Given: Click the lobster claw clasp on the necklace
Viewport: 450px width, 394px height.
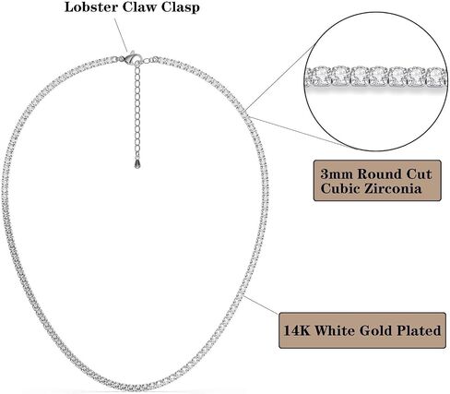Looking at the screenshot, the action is click(131, 57).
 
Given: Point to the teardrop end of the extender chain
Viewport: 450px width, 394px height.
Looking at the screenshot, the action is click(137, 163).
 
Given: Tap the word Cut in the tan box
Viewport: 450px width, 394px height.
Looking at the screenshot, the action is click(420, 174).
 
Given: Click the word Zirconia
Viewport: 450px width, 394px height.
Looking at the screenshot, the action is click(392, 188).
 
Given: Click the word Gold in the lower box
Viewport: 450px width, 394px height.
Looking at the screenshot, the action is click(375, 330).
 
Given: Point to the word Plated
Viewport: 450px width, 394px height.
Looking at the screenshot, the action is click(419, 330).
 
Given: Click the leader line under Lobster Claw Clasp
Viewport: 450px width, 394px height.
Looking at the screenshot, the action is click(121, 35).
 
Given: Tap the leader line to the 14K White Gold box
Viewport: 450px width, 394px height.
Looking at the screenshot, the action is click(261, 305).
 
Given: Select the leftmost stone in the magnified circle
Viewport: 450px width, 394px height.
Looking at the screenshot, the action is click(313, 76).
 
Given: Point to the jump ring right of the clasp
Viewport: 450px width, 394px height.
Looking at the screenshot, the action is click(147, 61).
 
